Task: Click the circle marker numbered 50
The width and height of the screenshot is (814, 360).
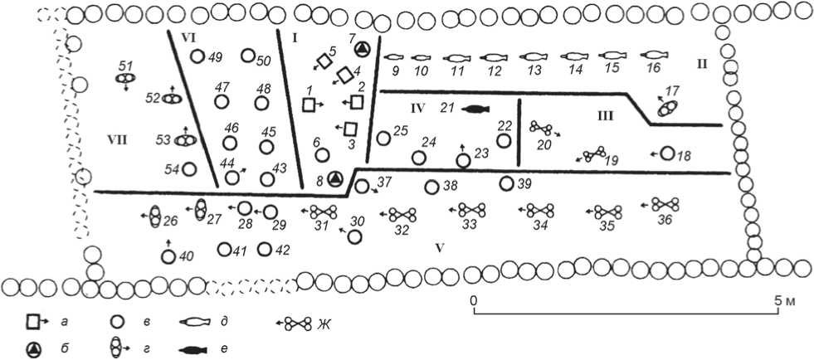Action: tap(247, 56)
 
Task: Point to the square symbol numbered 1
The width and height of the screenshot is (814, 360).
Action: tap(309, 105)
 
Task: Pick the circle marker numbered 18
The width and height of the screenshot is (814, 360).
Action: tap(667, 153)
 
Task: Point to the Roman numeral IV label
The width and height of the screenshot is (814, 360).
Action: tap(417, 107)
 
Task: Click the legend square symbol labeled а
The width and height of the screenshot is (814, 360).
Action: tap(34, 319)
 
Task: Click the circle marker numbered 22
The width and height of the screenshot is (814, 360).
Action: tap(504, 140)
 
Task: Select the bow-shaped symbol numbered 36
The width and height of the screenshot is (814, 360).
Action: tap(665, 203)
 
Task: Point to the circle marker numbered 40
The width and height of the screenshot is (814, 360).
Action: tap(168, 256)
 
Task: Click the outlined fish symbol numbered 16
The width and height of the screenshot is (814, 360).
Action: tap(654, 56)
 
